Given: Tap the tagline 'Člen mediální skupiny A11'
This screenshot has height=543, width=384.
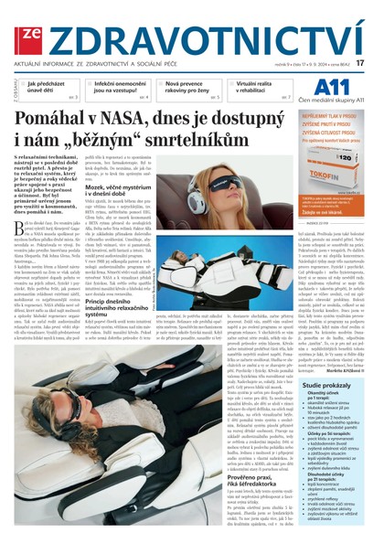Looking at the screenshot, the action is pyautogui.click(x=337, y=101).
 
